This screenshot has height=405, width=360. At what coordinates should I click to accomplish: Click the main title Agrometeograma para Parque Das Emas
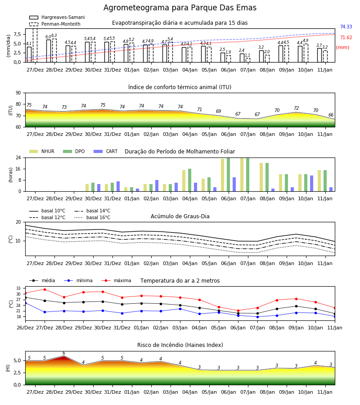(180, 8)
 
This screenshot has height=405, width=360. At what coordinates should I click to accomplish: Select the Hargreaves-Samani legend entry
(57, 17)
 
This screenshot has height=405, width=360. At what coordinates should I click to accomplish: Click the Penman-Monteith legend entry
(55, 24)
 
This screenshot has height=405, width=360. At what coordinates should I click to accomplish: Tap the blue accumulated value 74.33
(346, 27)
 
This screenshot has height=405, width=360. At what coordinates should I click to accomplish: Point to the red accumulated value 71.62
(346, 37)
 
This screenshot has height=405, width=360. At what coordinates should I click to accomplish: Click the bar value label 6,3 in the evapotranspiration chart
(54, 36)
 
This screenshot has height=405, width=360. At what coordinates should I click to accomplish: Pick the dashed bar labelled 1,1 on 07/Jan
(248, 60)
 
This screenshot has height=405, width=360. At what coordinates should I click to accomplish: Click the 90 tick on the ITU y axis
(18, 93)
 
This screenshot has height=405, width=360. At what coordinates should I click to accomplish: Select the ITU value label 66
(331, 115)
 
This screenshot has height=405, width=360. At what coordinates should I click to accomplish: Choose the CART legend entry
(106, 151)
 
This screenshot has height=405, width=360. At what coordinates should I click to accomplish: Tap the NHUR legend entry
(42, 151)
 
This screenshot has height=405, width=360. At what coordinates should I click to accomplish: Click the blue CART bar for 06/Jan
(234, 184)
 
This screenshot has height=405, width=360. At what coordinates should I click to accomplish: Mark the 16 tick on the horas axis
(18, 169)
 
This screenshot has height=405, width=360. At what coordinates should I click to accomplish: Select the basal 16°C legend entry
(92, 217)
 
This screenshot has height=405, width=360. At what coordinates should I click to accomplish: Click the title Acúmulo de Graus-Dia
(180, 216)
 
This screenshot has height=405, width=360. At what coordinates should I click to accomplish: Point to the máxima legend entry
(116, 280)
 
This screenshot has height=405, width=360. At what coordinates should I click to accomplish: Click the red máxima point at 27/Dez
(45, 289)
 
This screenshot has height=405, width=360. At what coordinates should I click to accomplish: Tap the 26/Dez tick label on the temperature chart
(25, 328)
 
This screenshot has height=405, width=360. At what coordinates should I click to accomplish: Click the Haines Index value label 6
(64, 353)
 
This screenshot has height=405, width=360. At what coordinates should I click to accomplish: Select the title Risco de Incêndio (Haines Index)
(180, 345)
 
